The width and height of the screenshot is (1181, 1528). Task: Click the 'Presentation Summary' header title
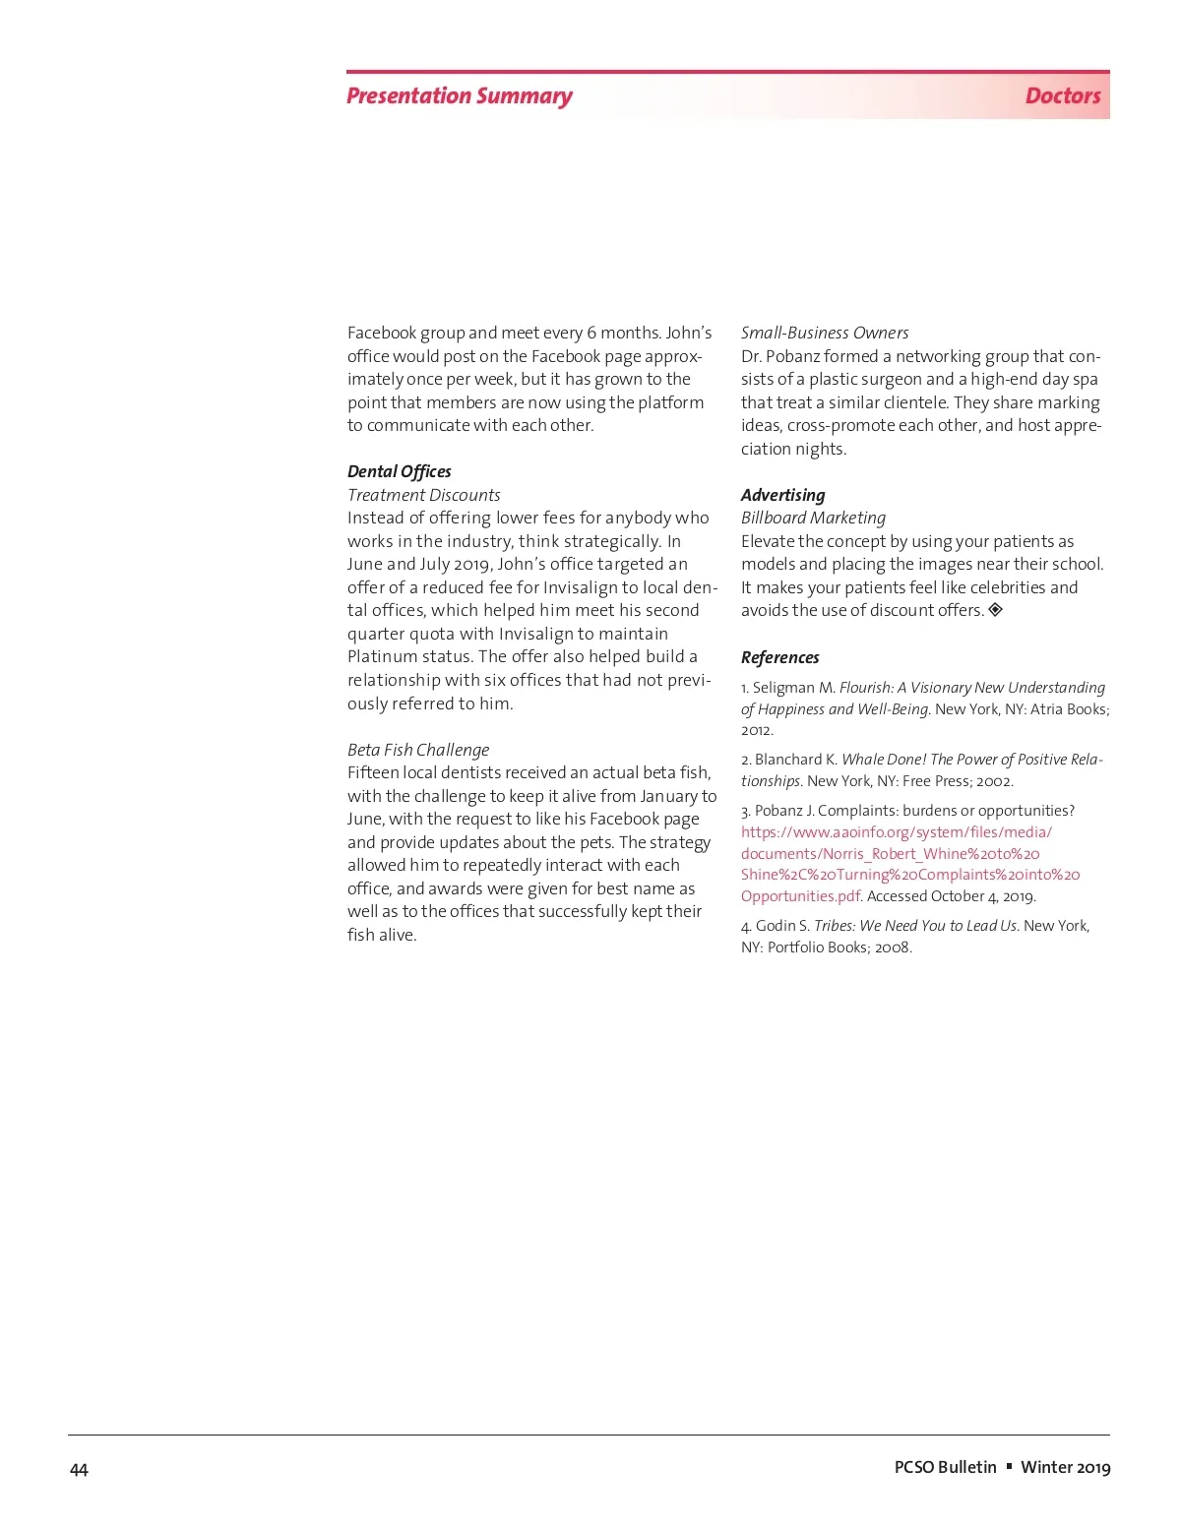pos(459,96)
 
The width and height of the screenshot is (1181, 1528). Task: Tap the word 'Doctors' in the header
pos(1062,96)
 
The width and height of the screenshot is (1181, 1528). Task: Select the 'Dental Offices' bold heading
pos(399,471)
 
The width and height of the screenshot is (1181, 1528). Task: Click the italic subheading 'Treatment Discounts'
pos(423,495)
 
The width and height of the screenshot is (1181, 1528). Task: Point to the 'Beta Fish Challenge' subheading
pos(417,750)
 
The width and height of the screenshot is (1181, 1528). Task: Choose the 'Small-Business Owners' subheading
pos(824,333)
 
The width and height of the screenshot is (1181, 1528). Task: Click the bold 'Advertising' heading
pos(782,495)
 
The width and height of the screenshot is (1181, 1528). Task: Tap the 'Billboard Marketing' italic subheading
pos(813,518)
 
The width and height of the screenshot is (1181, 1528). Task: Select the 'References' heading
pos(779,657)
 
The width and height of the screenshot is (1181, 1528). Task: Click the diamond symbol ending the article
pos(995,610)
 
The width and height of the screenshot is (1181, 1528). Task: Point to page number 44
pos(79,1470)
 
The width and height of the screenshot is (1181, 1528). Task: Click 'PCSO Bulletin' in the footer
pos(945,1467)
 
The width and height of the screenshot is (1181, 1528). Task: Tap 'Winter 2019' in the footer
pos(1065,1467)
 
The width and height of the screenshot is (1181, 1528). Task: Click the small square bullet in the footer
pos(1009,1466)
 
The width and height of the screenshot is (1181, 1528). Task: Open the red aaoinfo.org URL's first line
pos(896,832)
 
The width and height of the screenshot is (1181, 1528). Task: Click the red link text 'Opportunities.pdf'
pos(801,896)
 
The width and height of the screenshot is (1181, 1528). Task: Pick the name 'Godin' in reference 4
pos(777,926)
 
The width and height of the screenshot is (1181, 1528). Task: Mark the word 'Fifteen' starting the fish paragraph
pos(373,772)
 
